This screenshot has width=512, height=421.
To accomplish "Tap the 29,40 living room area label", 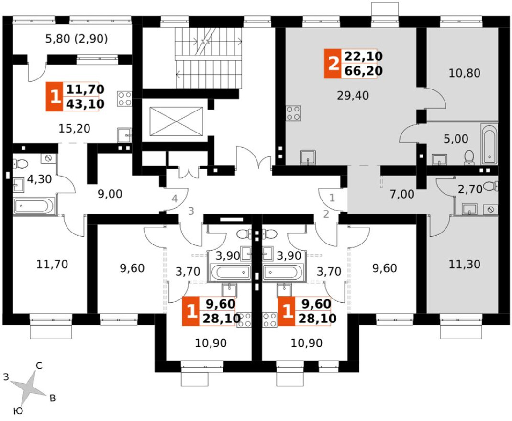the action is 353,95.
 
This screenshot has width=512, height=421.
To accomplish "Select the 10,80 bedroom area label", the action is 464,73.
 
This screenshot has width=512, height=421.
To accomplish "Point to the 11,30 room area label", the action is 464,264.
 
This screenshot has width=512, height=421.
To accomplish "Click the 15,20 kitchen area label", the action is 75,129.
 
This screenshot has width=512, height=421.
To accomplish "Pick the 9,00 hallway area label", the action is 110,194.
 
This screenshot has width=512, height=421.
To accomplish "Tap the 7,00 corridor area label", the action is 402,195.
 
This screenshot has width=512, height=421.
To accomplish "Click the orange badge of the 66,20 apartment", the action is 333,64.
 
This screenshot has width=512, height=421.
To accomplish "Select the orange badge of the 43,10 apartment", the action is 54,97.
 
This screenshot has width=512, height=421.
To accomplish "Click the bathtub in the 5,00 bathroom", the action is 489,144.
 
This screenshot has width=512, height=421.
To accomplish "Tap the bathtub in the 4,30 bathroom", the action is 34,206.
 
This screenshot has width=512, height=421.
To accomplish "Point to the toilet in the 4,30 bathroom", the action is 20,164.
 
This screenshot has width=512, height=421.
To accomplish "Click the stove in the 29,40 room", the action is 293,113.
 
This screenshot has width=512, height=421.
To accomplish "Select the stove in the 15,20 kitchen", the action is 124,99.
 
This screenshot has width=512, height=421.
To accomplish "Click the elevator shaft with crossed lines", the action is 176,121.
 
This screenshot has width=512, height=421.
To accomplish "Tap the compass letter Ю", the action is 19,411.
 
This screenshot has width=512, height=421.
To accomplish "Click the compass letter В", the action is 52,398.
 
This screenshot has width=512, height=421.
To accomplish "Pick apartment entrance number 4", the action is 175,199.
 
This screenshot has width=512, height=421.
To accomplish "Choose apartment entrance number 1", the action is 332,198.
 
